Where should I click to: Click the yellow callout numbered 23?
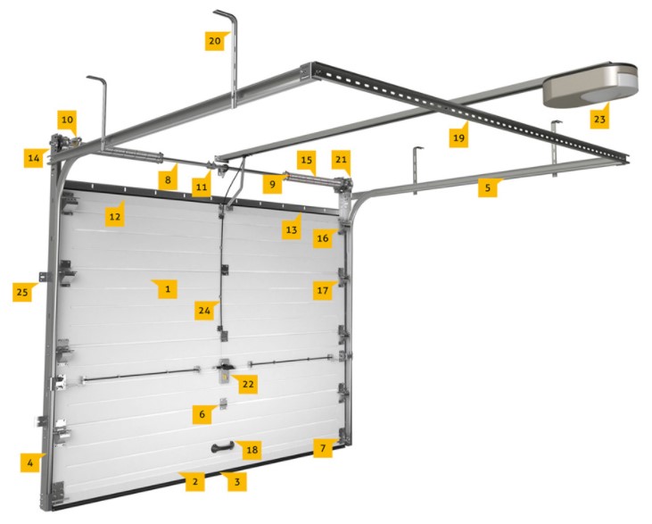pos(599,118)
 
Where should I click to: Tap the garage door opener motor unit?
pos(590,86)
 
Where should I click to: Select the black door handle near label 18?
pos(223,448)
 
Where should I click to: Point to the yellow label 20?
pos(215,41)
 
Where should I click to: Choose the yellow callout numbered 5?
pos(488,187)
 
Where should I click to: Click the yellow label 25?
pos(22,292)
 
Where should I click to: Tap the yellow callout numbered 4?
pos(30,462)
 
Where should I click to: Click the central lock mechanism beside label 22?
pos(225,370)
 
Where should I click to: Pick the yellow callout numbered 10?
pos(67,121)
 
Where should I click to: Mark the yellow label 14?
pos(34,158)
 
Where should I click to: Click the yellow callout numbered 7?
pos(323,448)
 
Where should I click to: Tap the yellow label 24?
pos(204,310)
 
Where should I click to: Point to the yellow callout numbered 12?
pos(115,216)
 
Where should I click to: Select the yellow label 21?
pos(341,161)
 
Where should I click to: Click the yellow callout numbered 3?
pos(236,481)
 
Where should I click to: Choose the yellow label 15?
pos(307,161)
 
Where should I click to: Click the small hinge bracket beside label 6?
pos(224,403)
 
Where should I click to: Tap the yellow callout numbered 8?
pos(168,179)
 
